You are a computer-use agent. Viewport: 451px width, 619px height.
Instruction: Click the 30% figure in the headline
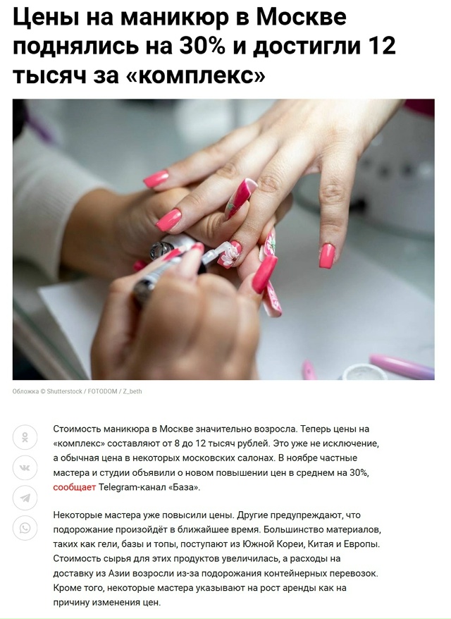pyautogui.click(x=202, y=45)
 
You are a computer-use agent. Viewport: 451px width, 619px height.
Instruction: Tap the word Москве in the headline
pyautogui.click(x=301, y=17)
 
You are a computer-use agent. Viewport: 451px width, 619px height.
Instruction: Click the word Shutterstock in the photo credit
pyautogui.click(x=64, y=391)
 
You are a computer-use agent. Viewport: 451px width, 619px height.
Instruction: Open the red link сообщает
pyautogui.click(x=75, y=487)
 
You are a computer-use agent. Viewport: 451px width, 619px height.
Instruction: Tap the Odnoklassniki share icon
pyautogui.click(x=25, y=437)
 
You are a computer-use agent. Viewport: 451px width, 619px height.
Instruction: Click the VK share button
pyautogui.click(x=25, y=468)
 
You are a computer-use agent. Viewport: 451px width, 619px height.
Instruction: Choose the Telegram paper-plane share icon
pyautogui.click(x=25, y=498)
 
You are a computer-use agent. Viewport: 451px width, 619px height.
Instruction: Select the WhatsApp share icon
pyautogui.click(x=25, y=528)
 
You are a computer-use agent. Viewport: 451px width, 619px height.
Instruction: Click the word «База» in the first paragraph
pyautogui.click(x=184, y=487)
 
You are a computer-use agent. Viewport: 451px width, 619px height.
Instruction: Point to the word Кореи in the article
pyautogui.click(x=294, y=544)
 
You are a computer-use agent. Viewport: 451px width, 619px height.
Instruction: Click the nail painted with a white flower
pyautogui.click(x=230, y=255)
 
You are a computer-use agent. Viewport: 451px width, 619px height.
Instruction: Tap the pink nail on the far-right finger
pyautogui.click(x=327, y=255)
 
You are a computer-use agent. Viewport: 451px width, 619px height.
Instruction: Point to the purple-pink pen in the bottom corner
pyautogui.click(x=401, y=367)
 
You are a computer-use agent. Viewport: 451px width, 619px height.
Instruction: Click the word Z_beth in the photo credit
pyautogui.click(x=132, y=391)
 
